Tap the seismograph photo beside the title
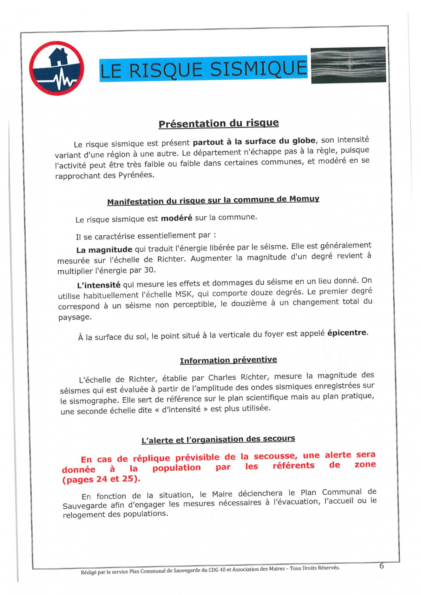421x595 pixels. tap(348, 65)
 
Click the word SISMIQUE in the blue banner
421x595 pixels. tap(258, 68)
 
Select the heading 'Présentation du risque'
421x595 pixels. tap(218, 123)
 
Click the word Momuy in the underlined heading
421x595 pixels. tap(304, 199)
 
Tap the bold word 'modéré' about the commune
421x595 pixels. tap(176, 218)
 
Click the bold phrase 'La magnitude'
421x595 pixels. tap(104, 250)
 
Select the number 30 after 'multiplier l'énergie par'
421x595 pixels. tap(149, 270)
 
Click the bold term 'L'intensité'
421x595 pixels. tap(99, 285)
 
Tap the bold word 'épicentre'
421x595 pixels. tap(347, 332)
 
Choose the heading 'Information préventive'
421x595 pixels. tap(228, 360)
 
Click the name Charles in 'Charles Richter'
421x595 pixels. tap(223, 378)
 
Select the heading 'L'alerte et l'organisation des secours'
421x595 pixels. tap(218, 439)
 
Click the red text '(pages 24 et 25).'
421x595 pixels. tap(101, 479)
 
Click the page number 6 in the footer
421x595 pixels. tap(381, 566)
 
